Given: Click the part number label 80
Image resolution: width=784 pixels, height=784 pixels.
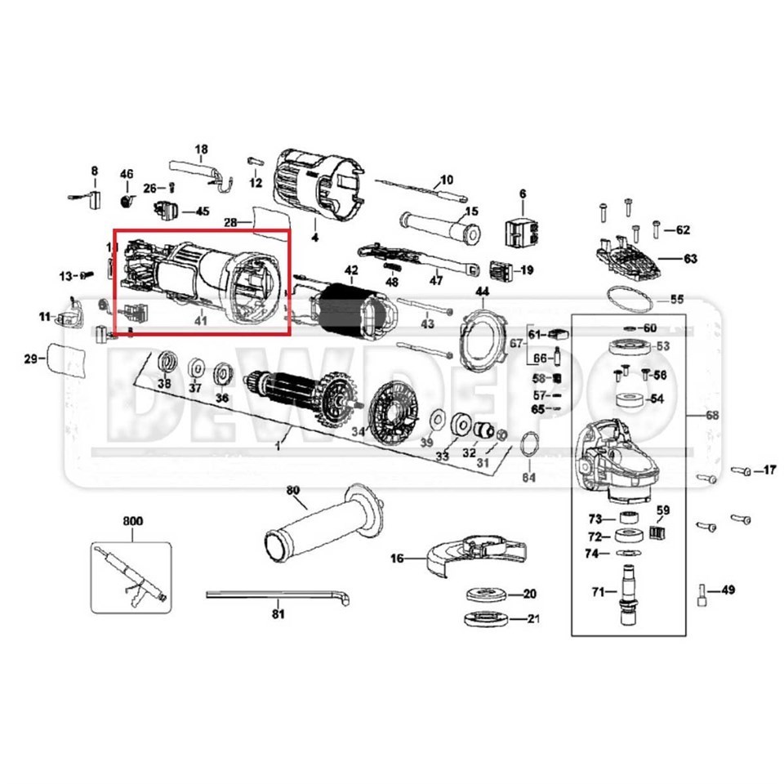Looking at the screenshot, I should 293,491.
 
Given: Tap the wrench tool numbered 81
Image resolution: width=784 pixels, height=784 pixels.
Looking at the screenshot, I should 278,595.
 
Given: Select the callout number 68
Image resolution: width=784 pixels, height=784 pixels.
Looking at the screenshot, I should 712,416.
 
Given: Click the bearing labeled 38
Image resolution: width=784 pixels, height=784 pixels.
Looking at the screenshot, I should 166,362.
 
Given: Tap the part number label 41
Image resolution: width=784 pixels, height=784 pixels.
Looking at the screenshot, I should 200,321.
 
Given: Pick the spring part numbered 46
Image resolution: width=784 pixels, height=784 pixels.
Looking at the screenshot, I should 127,200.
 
